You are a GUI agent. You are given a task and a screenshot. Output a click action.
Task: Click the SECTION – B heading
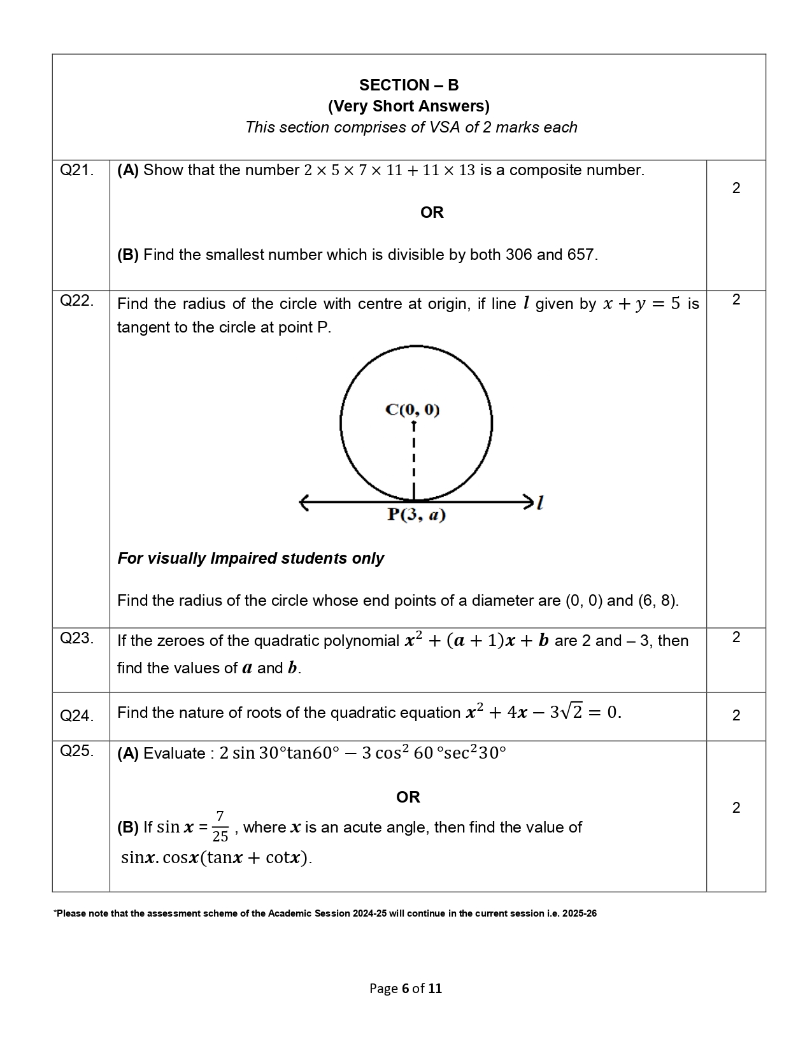408,85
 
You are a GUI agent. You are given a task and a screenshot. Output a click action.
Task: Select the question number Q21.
76,170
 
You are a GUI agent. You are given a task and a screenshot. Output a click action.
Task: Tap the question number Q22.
76,301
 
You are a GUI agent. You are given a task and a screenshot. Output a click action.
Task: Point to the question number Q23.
76,638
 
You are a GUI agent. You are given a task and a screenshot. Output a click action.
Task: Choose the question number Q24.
76,716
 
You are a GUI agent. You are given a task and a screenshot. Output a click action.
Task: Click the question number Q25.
76,750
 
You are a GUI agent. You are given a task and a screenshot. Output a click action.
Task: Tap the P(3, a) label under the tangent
416,515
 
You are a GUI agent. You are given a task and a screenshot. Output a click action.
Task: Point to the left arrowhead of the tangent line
304,503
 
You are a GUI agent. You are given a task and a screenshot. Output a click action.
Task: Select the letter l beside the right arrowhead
540,503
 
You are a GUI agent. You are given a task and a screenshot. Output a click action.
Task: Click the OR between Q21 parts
432,213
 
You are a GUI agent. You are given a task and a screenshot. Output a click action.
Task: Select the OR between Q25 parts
408,797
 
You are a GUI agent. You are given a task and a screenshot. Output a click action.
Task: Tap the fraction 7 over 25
220,827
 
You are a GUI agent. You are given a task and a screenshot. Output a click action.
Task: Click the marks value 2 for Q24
736,715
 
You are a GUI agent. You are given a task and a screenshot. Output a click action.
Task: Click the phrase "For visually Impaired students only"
250,559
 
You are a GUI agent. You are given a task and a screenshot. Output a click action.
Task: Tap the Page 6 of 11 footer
406,989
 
